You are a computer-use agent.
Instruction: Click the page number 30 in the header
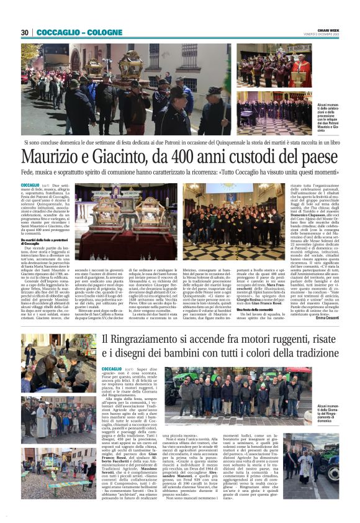coord(25,32)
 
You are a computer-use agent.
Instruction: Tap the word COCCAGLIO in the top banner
coord(58,32)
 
